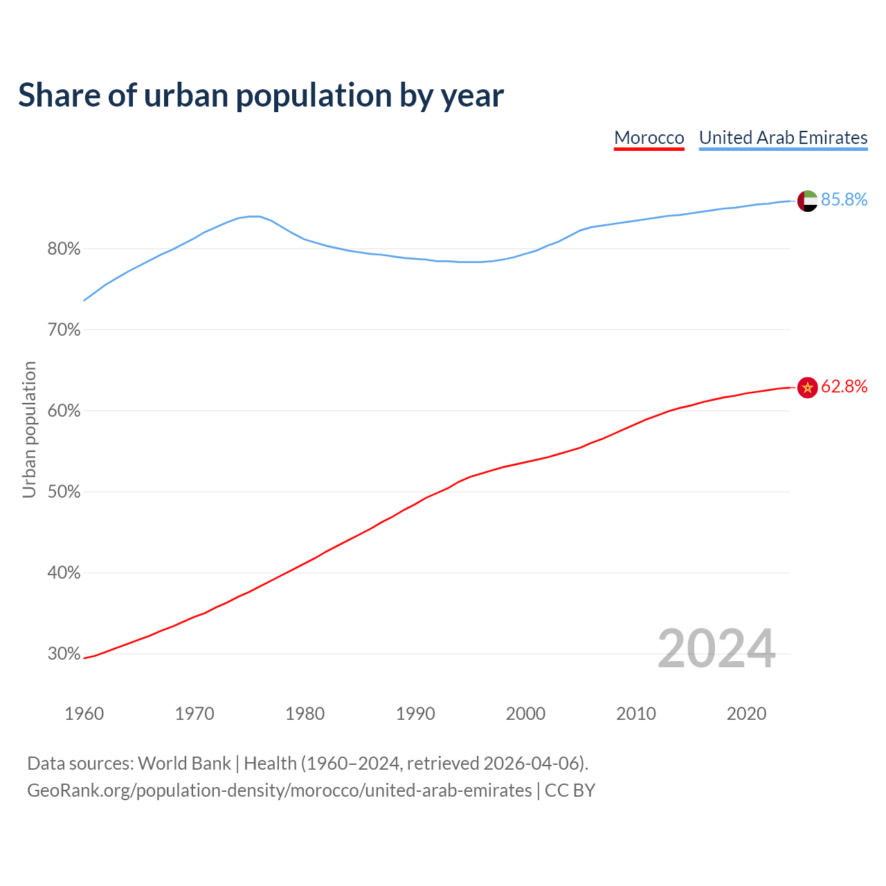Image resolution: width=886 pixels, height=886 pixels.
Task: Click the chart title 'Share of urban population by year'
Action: click(261, 96)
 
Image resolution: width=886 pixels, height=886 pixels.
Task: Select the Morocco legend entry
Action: click(649, 138)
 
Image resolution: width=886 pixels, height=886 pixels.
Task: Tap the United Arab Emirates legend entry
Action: click(783, 138)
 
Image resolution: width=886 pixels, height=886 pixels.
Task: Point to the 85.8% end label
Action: click(844, 199)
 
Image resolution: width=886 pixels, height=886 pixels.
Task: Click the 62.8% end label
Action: click(844, 386)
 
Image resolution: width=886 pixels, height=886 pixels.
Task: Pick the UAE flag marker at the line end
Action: click(807, 201)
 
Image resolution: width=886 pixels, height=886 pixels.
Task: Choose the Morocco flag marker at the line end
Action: click(807, 388)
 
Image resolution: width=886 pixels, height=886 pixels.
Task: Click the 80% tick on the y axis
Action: click(64, 249)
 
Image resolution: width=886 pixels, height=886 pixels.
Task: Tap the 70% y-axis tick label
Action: click(64, 330)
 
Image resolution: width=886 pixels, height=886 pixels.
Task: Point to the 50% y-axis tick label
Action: click(64, 492)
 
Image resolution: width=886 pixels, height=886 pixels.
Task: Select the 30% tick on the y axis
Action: click(64, 654)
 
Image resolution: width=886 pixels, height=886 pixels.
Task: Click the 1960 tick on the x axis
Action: click(84, 714)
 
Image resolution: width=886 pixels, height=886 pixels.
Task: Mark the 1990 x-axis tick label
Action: click(415, 714)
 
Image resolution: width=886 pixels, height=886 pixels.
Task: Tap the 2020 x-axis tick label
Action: click(746, 714)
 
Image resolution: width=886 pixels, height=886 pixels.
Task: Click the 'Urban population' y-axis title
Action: click(29, 429)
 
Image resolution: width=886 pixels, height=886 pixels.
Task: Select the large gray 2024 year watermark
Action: click(716, 649)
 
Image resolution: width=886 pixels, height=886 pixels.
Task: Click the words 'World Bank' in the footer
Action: click(184, 763)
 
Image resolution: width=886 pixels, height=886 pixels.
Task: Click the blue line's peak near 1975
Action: click(253, 216)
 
